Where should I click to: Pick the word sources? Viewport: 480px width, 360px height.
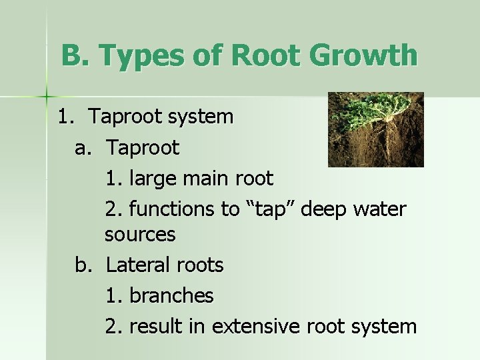tap(140, 235)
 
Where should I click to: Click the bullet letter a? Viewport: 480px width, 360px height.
tap(82, 148)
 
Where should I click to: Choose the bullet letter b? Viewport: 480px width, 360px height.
tap(82, 265)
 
